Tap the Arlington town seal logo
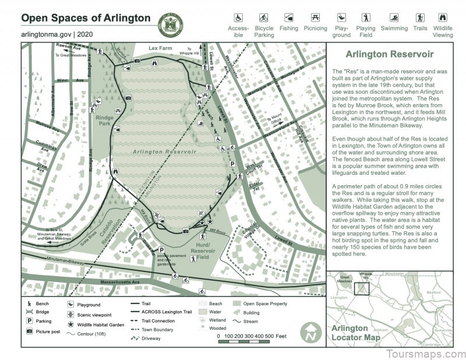coord(171,24)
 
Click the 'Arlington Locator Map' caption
coord(351,332)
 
